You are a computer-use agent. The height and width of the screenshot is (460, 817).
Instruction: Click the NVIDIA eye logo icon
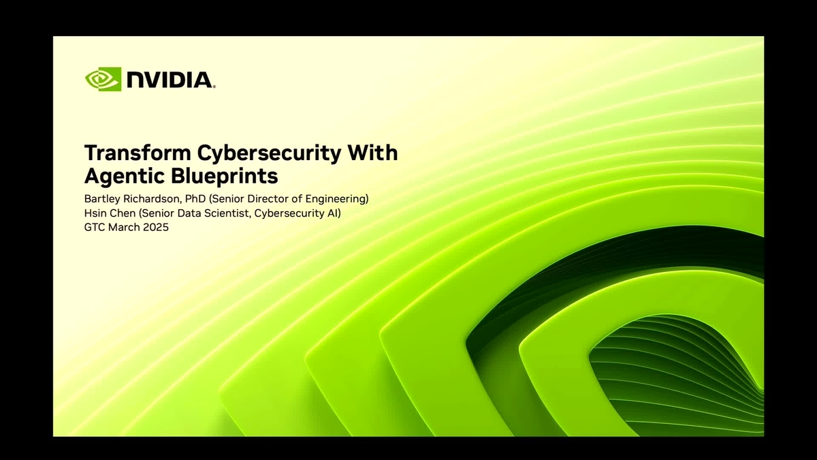[103, 79]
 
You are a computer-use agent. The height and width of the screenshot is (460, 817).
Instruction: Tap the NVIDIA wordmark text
[170, 80]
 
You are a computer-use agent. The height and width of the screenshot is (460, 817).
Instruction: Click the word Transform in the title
[131, 153]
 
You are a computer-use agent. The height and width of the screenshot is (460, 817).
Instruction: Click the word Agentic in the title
[121, 176]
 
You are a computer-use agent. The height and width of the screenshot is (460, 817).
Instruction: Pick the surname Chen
[123, 213]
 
